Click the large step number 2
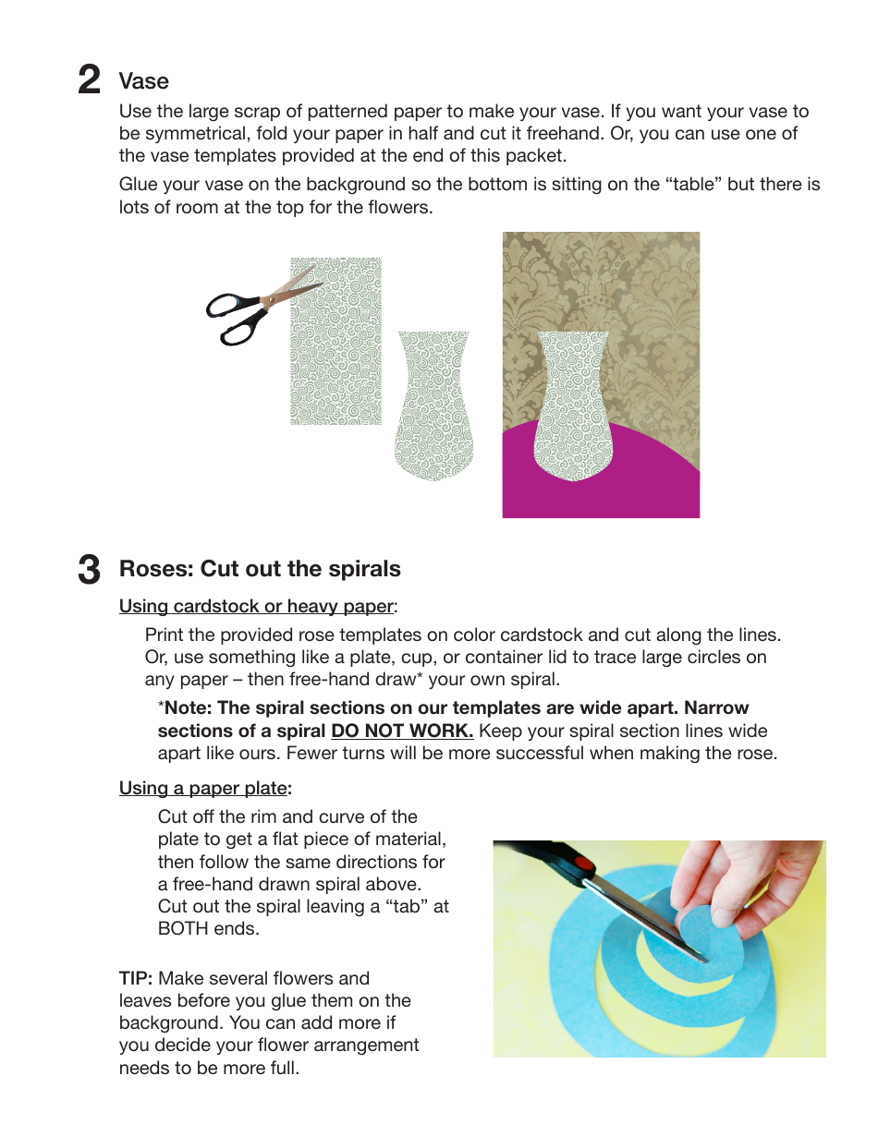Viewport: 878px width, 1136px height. [x=89, y=80]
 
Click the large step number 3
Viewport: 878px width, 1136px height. [x=89, y=569]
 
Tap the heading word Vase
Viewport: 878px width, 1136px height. [x=143, y=81]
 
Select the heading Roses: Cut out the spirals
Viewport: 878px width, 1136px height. [x=260, y=569]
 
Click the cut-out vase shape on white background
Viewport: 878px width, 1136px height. [x=433, y=406]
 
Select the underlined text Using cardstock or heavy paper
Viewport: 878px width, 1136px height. [x=256, y=607]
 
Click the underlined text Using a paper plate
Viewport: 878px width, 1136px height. [x=203, y=789]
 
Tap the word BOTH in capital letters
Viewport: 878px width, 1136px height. [x=184, y=929]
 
